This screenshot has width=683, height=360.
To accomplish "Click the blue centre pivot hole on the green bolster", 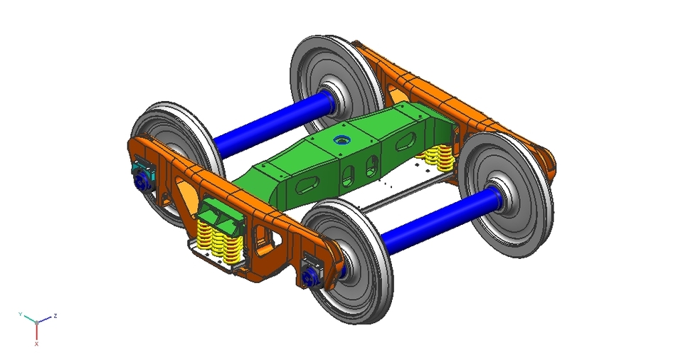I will click(342, 140).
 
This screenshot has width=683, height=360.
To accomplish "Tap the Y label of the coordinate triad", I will click(21, 314).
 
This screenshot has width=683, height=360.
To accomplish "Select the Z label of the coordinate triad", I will click(55, 315).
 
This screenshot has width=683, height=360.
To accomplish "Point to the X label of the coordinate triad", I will click(36, 343).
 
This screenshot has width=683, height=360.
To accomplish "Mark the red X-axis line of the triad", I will click(36, 332).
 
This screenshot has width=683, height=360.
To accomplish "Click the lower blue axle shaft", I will click(434, 218).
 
